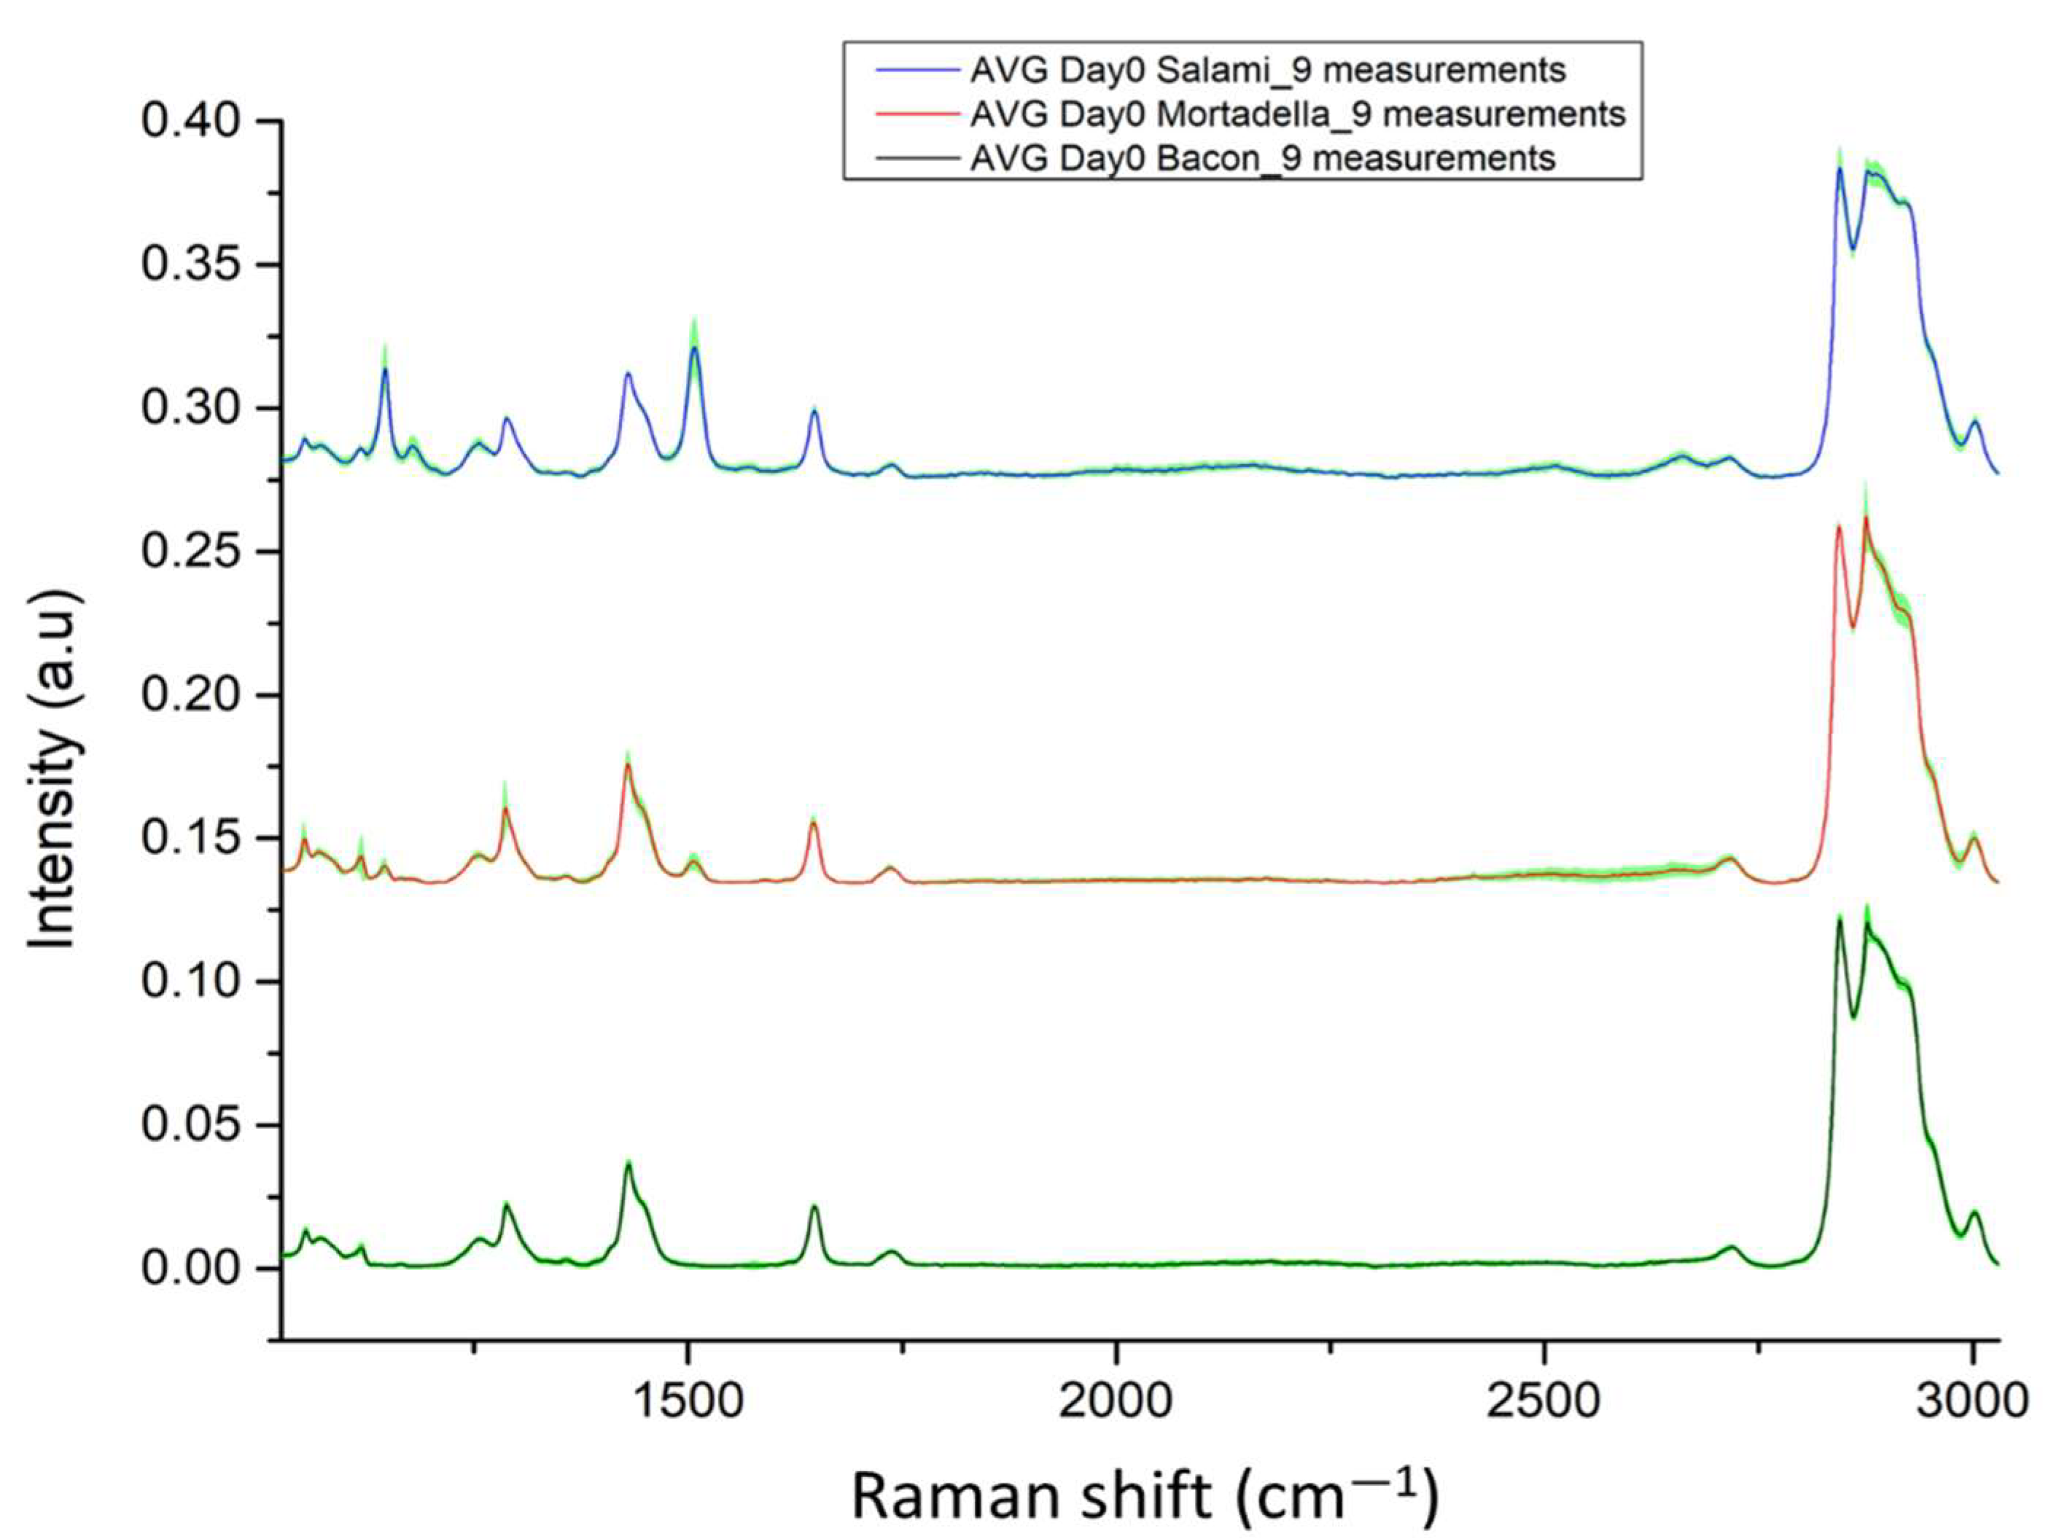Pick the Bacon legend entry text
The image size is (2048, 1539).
coord(1263,158)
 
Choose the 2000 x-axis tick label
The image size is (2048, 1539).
coord(1116,1401)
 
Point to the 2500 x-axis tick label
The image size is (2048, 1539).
coord(1544,1401)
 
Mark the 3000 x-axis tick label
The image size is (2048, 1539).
coord(1973,1401)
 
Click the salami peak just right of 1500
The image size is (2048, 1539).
coord(694,348)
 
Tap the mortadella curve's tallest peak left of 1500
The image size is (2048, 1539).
coord(628,765)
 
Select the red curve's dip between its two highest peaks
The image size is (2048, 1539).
coord(1853,627)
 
